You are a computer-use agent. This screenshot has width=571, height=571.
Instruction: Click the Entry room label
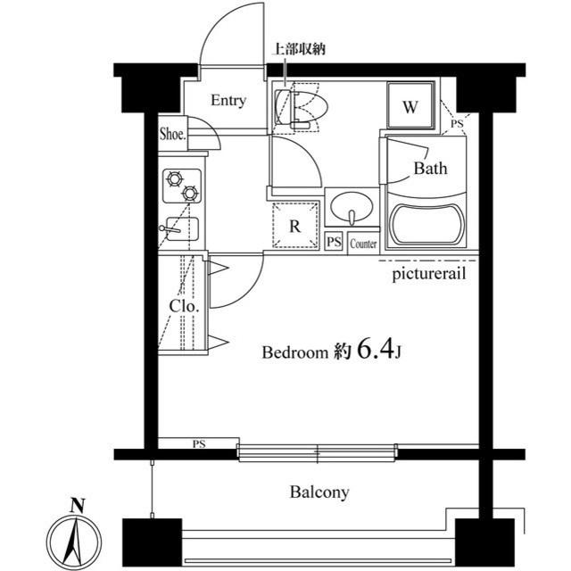[228, 100]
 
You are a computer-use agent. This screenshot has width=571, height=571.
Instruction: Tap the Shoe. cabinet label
[173, 134]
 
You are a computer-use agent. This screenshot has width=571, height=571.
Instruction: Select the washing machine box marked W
[410, 105]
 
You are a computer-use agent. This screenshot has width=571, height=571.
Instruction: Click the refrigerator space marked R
[295, 226]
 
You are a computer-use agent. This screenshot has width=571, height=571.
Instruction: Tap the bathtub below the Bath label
[426, 225]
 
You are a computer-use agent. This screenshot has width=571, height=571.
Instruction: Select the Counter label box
[363, 243]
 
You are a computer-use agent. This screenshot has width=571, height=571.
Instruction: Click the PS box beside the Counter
[334, 242]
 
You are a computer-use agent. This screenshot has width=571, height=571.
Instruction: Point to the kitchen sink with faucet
[181, 229]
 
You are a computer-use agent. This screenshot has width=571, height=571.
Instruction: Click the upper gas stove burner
[175, 178]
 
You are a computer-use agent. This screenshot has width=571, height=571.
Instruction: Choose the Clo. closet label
[185, 306]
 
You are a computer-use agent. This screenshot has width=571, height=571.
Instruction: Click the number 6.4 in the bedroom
[376, 349]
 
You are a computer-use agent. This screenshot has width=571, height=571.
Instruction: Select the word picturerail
[428, 274]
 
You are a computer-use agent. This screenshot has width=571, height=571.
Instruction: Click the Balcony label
[319, 492]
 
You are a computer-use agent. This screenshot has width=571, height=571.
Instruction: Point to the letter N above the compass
[78, 506]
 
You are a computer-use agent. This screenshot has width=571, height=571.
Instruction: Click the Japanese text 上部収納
[299, 49]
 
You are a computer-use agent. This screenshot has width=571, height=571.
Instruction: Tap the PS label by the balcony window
[199, 444]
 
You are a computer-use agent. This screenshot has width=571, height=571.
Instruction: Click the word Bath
[430, 169]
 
